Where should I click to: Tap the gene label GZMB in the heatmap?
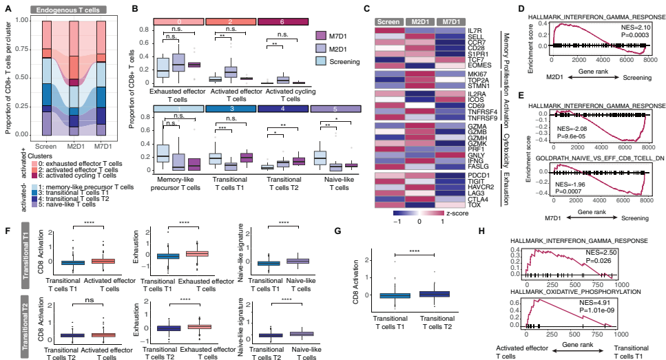pyautogui.click(x=478, y=131)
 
